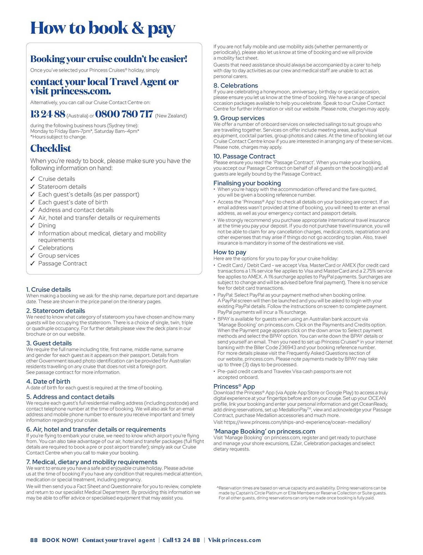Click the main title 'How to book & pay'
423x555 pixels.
(103, 28)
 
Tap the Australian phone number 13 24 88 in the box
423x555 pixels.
(48, 114)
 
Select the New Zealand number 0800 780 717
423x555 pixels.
(124, 114)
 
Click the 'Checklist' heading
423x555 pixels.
(51, 148)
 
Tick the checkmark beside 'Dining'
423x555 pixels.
(33, 226)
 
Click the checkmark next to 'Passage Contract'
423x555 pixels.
(33, 264)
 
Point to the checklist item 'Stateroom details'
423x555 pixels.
(62, 187)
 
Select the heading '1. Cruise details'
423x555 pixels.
(48, 289)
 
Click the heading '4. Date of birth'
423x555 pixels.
(48, 381)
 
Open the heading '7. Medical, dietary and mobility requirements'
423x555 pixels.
(92, 462)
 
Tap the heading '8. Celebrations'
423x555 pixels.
(235, 85)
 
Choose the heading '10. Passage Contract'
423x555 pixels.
(244, 156)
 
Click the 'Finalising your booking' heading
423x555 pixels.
(247, 183)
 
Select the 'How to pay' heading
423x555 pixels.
(230, 252)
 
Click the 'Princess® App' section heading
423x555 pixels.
(234, 386)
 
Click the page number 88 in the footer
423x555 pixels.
(34, 540)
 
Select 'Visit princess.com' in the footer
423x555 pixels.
(234, 540)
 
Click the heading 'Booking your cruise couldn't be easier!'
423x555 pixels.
(109, 59)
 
